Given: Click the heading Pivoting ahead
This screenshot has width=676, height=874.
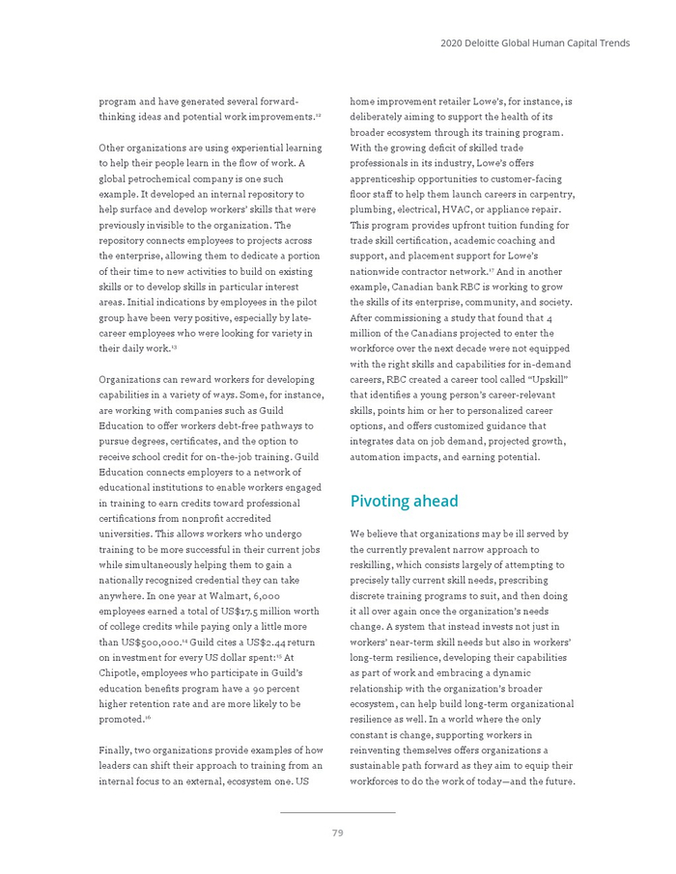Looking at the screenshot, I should click(x=404, y=502).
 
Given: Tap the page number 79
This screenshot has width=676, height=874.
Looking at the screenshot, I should click(x=337, y=833).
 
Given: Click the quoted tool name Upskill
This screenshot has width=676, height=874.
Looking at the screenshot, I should click(x=548, y=379).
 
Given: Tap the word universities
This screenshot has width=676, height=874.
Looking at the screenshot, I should click(x=130, y=533).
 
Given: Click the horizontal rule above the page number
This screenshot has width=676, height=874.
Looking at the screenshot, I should click(x=337, y=812).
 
